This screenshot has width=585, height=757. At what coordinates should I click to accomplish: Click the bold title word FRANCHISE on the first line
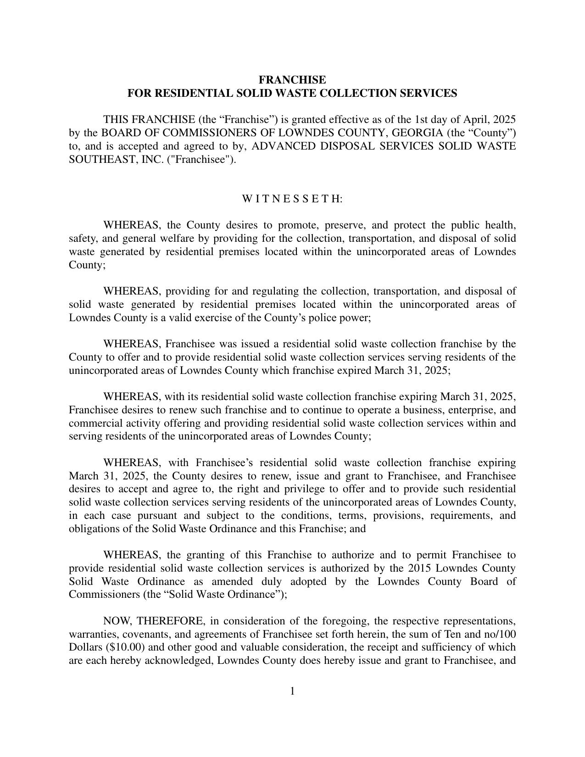(x=292, y=80)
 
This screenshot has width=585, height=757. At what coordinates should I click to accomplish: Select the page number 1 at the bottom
(x=292, y=691)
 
